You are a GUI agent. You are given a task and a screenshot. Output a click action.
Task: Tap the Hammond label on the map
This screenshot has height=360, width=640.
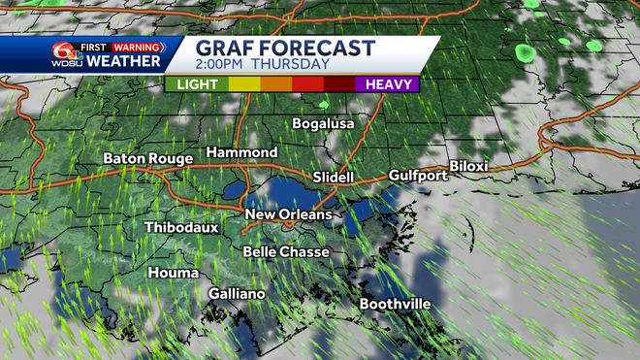coord(241,153)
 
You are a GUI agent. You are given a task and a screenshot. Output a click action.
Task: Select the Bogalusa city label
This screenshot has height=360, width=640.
coord(324,123)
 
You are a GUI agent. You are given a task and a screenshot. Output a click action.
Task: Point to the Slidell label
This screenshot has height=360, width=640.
coord(336,177)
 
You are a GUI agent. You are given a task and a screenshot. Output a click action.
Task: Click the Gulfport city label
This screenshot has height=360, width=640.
coord(418,176)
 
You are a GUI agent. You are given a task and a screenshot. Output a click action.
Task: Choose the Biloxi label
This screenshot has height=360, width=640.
coord(468,166)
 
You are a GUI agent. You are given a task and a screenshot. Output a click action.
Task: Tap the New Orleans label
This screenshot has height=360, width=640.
coord(288,214)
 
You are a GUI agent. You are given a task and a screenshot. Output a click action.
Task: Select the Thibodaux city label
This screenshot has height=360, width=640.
coord(181,227)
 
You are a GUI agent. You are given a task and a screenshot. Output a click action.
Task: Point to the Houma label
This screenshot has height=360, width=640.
coord(173,273)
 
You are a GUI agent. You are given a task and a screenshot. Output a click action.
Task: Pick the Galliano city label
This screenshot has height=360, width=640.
coord(237,294)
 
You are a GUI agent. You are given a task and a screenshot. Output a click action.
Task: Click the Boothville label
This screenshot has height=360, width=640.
coord(396,304)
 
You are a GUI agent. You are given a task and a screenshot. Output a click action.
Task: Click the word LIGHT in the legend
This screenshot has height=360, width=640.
coord(197,84)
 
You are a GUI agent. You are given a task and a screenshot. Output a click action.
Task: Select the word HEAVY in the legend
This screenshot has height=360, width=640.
coord(388,84)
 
